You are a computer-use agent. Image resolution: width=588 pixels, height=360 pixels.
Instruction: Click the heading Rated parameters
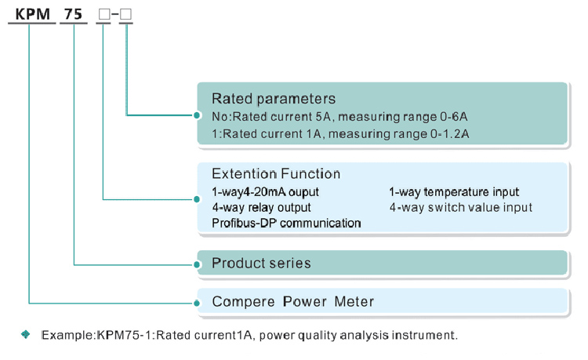tap(274, 99)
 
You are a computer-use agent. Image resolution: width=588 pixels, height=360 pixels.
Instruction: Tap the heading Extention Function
tap(276, 173)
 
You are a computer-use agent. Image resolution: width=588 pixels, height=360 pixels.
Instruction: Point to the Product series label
tap(261, 263)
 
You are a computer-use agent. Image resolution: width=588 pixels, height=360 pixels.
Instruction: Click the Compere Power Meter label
tap(292, 301)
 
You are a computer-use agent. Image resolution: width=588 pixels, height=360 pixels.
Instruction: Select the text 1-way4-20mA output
tap(265, 192)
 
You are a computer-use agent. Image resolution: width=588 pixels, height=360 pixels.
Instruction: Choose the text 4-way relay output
tap(261, 208)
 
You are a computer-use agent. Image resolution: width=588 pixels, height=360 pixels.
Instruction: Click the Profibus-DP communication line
tap(286, 224)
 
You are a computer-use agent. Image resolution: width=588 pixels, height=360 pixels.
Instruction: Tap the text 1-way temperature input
tap(454, 192)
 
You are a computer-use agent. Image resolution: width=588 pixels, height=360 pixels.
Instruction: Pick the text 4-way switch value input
tap(460, 208)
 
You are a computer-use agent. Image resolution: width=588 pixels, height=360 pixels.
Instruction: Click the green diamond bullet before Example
tap(26, 335)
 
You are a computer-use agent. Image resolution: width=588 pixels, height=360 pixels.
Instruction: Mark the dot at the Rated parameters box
tap(196, 115)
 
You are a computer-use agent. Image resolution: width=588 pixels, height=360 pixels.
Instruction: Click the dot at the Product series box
tap(196, 264)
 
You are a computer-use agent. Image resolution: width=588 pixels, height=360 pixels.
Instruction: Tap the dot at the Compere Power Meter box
tap(196, 302)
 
